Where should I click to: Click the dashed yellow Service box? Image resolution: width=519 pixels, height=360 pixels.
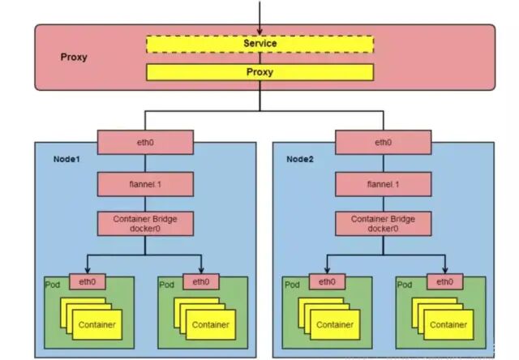click(x=259, y=43)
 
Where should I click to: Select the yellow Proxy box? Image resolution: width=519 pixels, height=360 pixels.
click(x=259, y=72)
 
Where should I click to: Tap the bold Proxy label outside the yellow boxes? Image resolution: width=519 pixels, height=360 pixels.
click(x=74, y=58)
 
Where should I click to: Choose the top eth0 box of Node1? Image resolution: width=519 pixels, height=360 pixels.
click(x=146, y=142)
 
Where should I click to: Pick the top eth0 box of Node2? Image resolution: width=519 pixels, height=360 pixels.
click(x=384, y=142)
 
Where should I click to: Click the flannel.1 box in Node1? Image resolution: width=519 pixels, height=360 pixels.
click(x=146, y=183)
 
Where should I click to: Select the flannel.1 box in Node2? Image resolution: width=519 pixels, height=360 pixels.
click(x=384, y=183)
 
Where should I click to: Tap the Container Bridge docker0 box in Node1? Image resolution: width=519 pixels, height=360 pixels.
click(x=146, y=224)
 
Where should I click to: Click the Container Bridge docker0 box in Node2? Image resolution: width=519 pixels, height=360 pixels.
click(x=384, y=224)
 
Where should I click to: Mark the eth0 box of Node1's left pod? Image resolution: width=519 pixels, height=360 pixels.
click(x=88, y=282)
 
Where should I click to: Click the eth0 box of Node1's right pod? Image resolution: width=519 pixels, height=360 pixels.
click(x=202, y=282)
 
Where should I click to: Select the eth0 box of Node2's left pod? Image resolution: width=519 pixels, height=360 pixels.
click(x=327, y=282)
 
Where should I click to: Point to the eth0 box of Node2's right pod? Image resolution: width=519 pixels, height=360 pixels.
click(x=440, y=282)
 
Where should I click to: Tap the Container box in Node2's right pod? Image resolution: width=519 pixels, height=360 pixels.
click(x=449, y=325)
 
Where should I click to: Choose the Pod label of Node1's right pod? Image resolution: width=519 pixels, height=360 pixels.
click(x=167, y=285)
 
